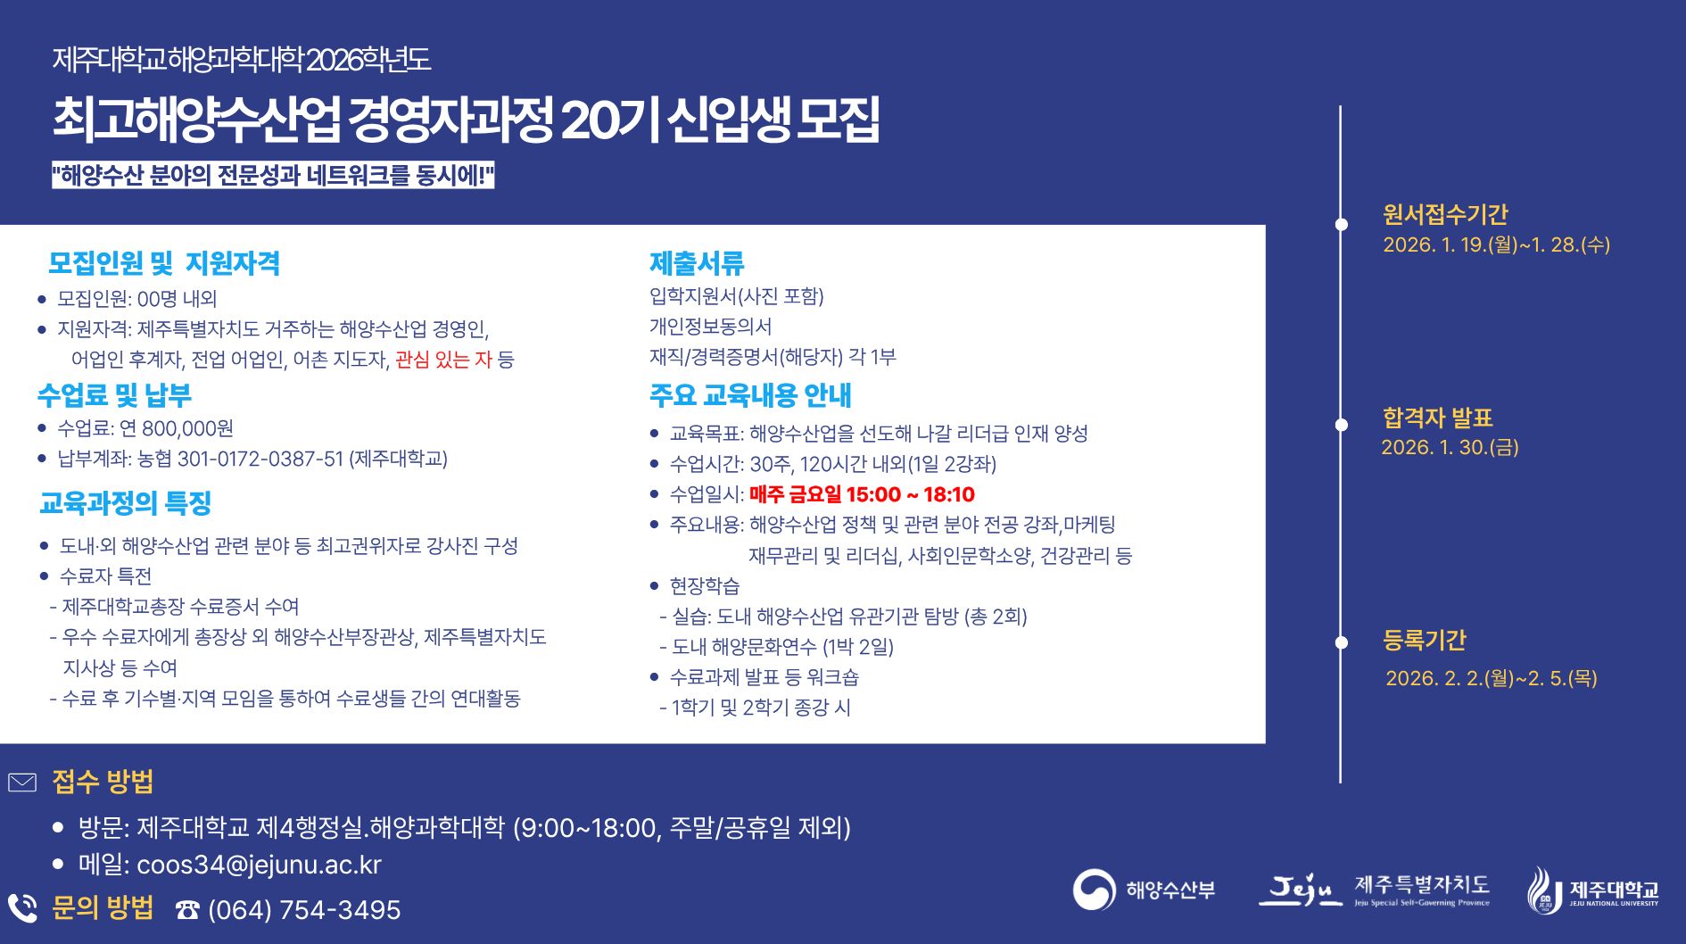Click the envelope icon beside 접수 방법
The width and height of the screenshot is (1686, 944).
[22, 783]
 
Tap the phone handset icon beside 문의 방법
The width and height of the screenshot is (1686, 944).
[22, 908]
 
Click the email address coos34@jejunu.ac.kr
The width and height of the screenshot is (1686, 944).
[259, 865]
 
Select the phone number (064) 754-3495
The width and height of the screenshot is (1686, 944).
[304, 910]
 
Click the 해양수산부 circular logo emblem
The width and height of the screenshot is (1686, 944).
[1094, 890]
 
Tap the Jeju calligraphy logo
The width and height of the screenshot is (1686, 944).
[1300, 890]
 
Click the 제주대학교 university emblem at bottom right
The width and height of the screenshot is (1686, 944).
[1545, 890]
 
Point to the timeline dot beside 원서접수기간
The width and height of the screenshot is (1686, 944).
[1341, 224]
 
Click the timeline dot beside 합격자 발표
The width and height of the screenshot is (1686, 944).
[1341, 425]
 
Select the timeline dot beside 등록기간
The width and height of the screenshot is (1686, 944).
[1341, 642]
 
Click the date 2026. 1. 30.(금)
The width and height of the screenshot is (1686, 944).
[1450, 447]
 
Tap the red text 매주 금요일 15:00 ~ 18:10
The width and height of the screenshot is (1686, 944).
[862, 494]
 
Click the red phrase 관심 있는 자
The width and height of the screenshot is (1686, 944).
[443, 360]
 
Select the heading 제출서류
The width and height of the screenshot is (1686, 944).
[697, 263]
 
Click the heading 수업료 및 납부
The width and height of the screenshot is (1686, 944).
[114, 394]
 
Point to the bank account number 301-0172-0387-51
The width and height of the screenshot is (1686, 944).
[260, 459]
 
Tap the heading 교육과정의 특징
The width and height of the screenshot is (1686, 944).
[126, 503]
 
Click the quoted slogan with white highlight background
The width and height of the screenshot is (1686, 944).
[273, 175]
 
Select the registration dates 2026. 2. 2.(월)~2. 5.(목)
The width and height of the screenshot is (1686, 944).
[1491, 678]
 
